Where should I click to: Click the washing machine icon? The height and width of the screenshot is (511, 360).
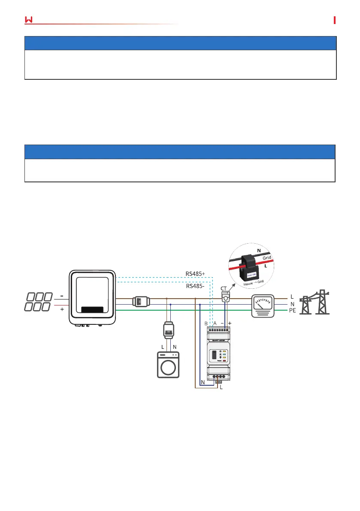(x=168, y=365)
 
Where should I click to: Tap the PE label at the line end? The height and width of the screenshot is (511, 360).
(x=293, y=310)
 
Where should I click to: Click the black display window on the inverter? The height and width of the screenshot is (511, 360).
(x=92, y=310)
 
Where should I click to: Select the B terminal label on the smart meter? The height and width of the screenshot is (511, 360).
(x=206, y=323)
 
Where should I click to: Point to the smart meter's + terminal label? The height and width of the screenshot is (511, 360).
(x=230, y=323)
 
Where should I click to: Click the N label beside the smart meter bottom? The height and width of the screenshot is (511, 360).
(x=202, y=382)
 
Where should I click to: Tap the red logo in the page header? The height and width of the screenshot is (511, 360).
(x=29, y=20)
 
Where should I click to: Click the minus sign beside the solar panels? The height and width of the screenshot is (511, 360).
(x=62, y=296)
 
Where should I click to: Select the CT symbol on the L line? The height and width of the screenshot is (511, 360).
(x=225, y=296)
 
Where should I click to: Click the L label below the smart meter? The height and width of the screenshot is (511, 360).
(x=221, y=387)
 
